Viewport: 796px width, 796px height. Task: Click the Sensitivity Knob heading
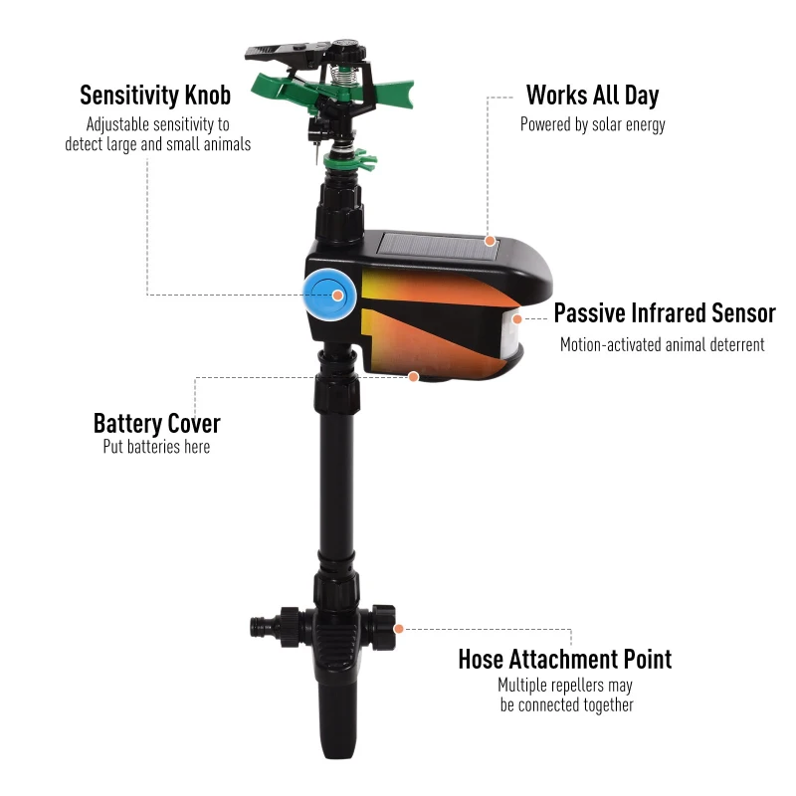[155, 96]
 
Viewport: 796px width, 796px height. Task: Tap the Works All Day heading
[592, 96]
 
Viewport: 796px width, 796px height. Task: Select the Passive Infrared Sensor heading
[665, 312]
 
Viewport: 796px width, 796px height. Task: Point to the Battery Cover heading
[157, 424]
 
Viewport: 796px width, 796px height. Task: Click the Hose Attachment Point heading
[565, 660]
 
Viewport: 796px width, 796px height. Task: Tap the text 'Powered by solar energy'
[592, 125]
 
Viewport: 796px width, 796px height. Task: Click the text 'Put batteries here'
[156, 447]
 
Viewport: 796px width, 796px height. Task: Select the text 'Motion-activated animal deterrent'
[662, 344]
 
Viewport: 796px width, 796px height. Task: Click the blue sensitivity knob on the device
[329, 295]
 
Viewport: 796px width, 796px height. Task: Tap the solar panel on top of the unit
[438, 246]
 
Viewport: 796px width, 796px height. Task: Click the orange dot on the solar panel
[490, 241]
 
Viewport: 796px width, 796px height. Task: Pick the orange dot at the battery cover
[414, 377]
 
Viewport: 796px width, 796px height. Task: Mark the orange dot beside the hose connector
[399, 629]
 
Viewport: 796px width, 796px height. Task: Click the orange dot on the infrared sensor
[517, 319]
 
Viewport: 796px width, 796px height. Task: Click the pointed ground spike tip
[335, 755]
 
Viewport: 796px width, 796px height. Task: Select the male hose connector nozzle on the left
[264, 628]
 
